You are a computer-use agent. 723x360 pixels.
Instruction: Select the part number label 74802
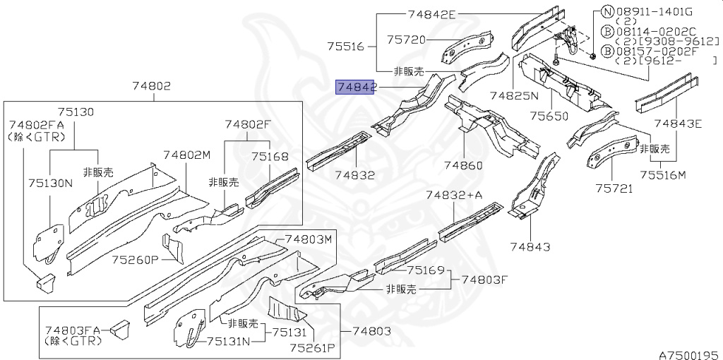[x=152, y=86]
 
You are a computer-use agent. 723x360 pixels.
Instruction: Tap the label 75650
[x=549, y=116]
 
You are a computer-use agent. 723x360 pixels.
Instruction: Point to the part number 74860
[x=463, y=165]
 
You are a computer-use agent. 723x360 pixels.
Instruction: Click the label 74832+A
[x=454, y=196]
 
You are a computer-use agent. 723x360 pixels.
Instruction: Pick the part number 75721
[x=614, y=188]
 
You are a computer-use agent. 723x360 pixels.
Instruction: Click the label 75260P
[x=135, y=260]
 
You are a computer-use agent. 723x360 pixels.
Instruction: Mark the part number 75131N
[x=228, y=341]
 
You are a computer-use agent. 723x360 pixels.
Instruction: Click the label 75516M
[x=663, y=174]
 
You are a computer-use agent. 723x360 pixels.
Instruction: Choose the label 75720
[x=405, y=40]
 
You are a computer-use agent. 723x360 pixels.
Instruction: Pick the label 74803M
[x=308, y=239]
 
